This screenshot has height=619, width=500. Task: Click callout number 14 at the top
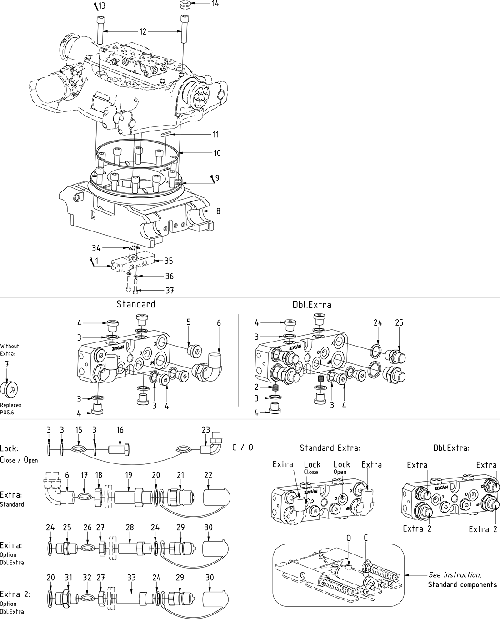(215, 4)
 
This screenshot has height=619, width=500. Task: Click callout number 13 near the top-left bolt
(102, 6)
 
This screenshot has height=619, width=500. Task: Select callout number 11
(216, 135)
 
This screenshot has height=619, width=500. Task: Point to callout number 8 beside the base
(218, 211)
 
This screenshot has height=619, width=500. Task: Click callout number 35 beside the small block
(169, 261)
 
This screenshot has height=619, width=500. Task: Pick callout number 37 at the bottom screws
(169, 290)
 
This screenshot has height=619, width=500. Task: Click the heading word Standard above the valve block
(135, 304)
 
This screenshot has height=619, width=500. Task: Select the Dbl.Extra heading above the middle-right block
(312, 305)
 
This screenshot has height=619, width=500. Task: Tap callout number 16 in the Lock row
(120, 430)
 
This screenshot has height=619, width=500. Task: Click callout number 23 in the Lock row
(206, 430)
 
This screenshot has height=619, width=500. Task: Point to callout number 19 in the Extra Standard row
(129, 475)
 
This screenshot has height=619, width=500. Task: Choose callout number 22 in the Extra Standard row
(208, 475)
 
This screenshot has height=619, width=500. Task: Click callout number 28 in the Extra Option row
(130, 527)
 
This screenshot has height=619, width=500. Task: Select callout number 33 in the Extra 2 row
(131, 577)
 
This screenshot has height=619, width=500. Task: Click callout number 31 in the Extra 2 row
(68, 577)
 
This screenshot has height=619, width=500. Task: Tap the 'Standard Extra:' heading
(330, 448)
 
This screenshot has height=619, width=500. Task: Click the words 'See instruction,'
(455, 575)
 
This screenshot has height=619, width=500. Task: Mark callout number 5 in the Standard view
(188, 322)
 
